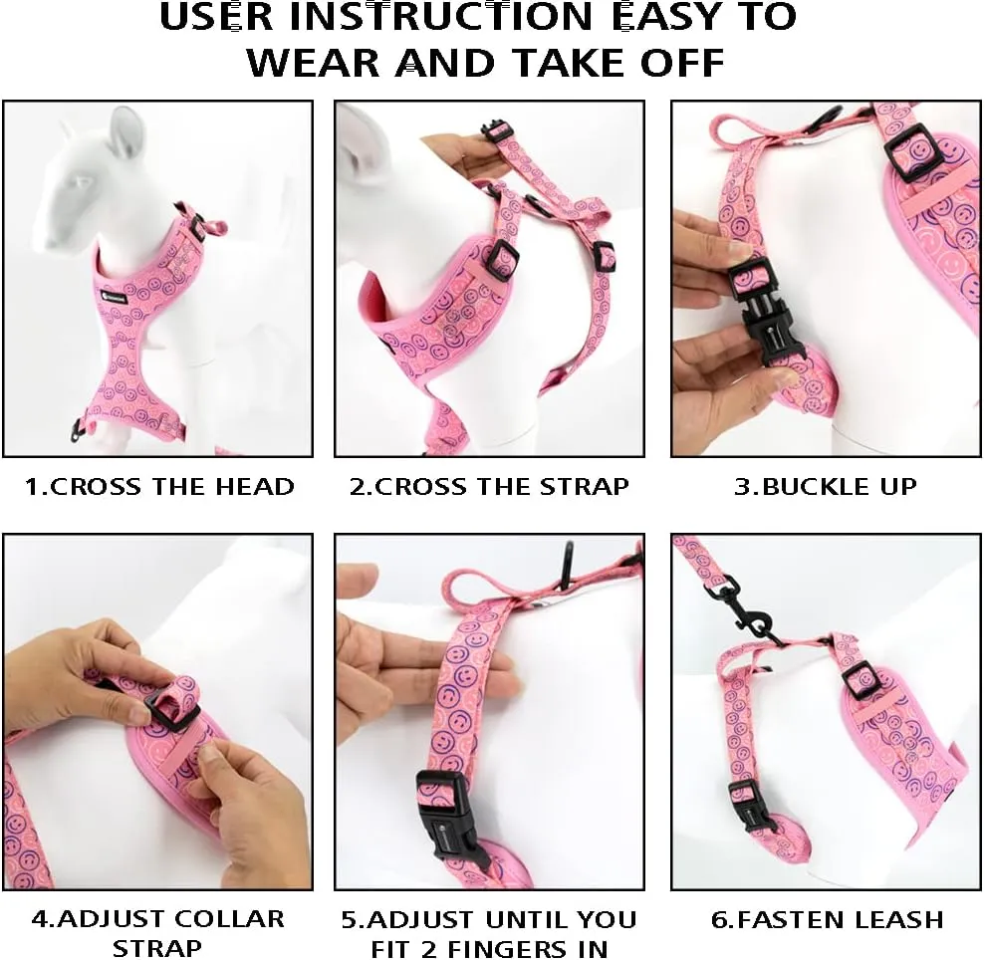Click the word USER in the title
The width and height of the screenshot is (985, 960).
215,19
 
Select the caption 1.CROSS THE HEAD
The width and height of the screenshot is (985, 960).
159,487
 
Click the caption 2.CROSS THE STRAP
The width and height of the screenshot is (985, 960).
489,487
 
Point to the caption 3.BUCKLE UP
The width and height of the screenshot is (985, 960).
826,487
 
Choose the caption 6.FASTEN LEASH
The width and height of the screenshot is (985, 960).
827,918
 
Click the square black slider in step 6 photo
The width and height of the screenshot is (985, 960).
862,679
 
